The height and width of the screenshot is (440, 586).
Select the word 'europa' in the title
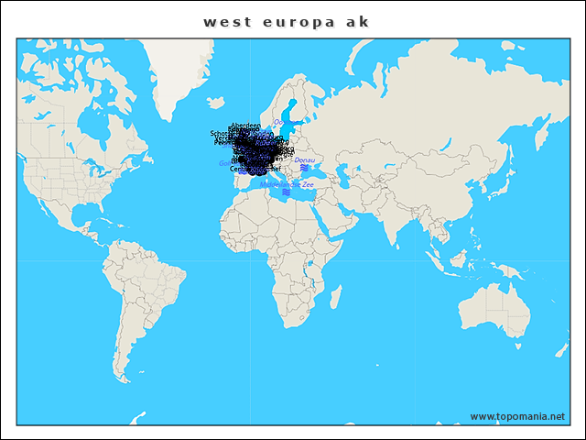pos(287,22)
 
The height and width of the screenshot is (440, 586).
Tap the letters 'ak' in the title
pos(357,22)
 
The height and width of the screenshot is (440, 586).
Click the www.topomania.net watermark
pos(517,416)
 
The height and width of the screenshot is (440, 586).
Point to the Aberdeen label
pos(245,126)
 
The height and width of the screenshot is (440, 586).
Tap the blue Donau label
pos(304,160)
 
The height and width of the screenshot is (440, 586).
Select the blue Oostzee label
pos(279,122)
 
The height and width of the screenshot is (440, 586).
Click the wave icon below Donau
pos(303,168)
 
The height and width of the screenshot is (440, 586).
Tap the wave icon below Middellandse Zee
pos(286,192)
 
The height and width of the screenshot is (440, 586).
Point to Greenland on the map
pos(179,69)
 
